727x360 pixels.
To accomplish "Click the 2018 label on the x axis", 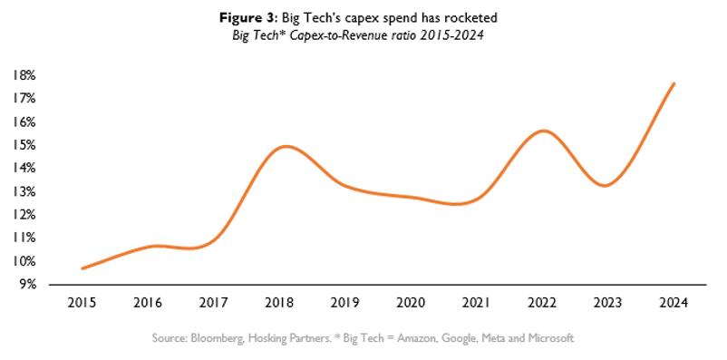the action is point(279,303).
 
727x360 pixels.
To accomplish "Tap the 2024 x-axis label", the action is point(674,303).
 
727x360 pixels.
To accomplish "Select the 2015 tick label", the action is point(82,303).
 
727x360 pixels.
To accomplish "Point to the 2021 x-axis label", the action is point(477,303).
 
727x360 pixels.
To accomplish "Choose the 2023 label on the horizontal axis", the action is point(608,303).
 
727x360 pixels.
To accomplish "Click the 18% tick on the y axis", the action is point(24,75).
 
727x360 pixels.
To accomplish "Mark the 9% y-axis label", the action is point(27,285).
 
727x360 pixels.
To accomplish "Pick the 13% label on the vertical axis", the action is point(24,191).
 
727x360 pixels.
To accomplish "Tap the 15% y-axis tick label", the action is point(24,145).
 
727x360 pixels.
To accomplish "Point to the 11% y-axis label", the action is point(24,238).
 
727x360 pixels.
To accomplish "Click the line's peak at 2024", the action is point(674,83).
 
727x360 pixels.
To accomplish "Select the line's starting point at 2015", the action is point(82,268).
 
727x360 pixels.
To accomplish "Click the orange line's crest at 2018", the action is point(286,147).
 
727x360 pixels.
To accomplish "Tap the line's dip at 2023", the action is point(606,186).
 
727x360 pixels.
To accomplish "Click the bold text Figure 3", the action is point(247,18).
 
